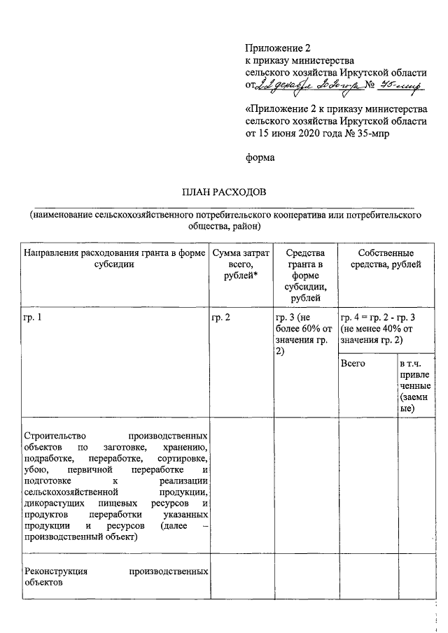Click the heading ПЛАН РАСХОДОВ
click(224, 192)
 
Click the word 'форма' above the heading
click(259, 157)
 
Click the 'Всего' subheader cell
click(353, 364)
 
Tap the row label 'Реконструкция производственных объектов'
click(115, 576)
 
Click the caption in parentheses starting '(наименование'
click(224, 221)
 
